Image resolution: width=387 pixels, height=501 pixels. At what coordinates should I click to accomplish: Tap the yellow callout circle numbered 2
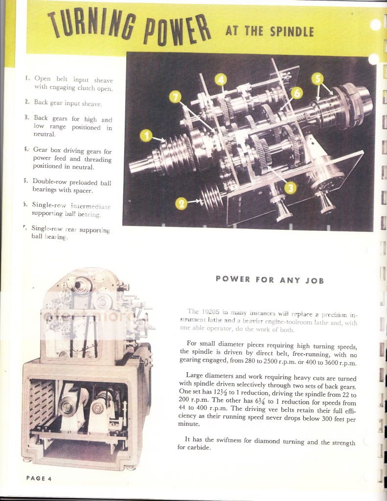[182, 203]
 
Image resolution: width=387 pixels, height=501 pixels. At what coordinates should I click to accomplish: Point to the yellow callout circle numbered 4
[221, 79]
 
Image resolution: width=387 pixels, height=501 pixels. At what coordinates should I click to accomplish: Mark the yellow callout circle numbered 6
[296, 92]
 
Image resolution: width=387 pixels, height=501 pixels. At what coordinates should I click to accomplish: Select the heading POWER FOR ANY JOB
[270, 280]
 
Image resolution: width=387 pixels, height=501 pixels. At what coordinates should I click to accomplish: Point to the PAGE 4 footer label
[39, 478]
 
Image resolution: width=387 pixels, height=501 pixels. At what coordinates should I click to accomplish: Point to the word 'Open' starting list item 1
[43, 79]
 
